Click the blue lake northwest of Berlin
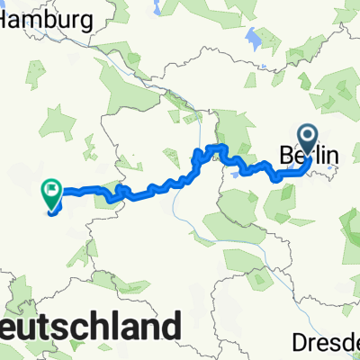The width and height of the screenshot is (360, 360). pyautogui.click(x=255, y=40)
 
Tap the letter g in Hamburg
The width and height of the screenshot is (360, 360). pyautogui.click(x=86, y=21)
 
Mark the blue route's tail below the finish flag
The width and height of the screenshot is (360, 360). pyautogui.click(x=51, y=211)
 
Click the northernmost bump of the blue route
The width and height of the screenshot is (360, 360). pyautogui.click(x=216, y=145)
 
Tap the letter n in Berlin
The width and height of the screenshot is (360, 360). pyautogui.click(x=333, y=157)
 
